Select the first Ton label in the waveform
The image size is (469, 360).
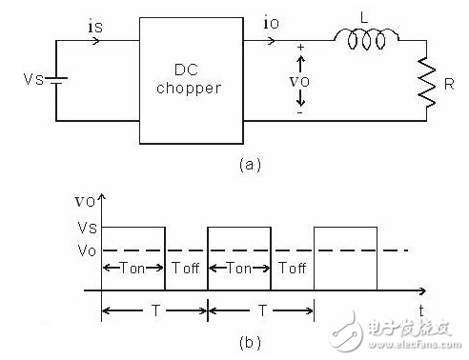coord(133,270)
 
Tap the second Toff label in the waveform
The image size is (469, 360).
coord(292,270)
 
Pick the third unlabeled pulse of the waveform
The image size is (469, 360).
coord(345,257)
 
